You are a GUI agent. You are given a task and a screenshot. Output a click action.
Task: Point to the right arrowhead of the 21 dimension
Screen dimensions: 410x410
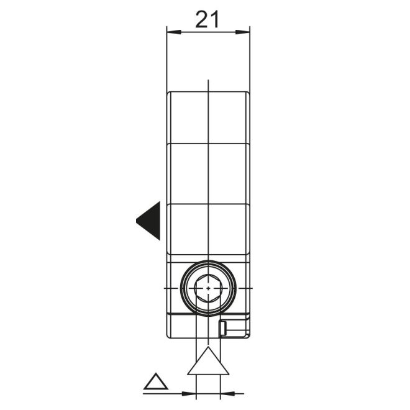pos(244,33)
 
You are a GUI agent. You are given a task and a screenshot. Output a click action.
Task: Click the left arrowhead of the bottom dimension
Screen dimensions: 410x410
pos(189,393)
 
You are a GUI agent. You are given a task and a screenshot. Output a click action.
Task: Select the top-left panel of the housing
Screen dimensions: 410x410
pos(189,118)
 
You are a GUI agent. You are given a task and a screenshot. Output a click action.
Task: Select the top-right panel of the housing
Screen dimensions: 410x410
pos(229,118)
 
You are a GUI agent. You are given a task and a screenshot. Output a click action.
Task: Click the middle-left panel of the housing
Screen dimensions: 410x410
pos(189,173)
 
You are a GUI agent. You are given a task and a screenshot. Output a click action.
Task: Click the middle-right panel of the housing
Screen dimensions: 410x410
pos(229,173)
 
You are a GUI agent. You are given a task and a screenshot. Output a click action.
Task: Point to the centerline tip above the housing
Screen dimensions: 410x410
pos(209,82)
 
